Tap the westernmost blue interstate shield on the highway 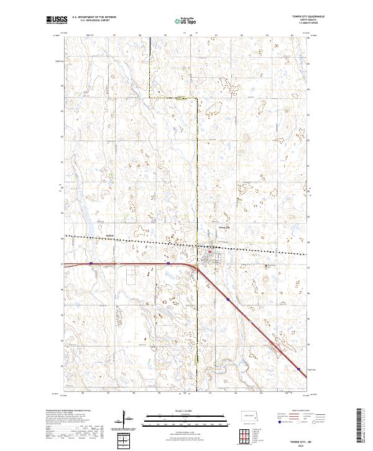pos(91,263)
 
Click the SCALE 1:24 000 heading pos(185,410)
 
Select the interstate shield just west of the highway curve pos(168,263)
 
